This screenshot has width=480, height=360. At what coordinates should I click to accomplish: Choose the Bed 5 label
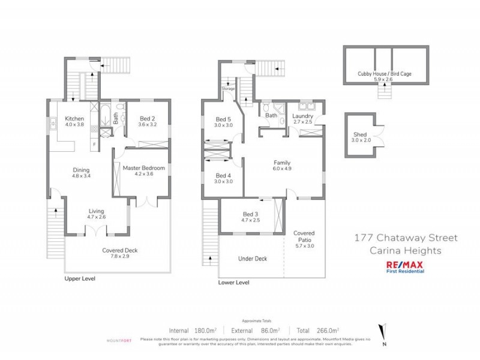(223, 122)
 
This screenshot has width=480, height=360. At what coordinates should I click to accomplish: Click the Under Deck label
(253, 259)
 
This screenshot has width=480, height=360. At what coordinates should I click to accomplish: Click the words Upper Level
(80, 279)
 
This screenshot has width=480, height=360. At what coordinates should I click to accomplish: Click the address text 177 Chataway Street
(406, 238)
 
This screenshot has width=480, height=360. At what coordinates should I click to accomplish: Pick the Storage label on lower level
(229, 89)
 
